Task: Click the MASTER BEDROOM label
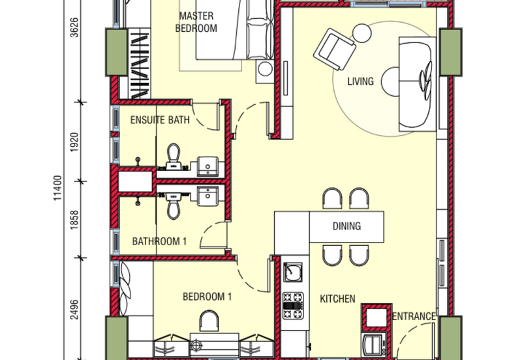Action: point(197,22)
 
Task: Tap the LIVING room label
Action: point(360,82)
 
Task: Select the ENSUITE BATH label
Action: point(160,120)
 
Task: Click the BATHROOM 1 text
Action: point(160,241)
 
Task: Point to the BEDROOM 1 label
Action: point(207,297)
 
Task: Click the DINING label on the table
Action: point(346,226)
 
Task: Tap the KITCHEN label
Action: point(337,299)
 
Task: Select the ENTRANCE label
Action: point(414,316)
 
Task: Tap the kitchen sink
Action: point(294,271)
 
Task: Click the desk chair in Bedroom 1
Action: point(210,321)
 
